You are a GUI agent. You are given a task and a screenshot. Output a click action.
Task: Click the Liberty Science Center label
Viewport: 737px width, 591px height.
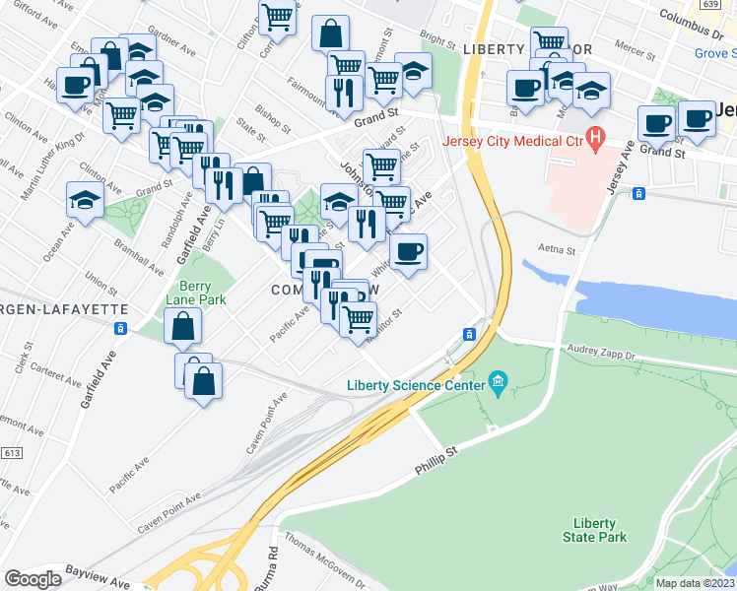pyautogui.click(x=415, y=384)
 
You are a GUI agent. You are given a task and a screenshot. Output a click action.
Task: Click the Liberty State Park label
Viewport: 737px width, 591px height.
pyautogui.click(x=594, y=530)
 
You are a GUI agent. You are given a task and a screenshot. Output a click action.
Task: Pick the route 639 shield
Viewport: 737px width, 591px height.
pyautogui.click(x=708, y=5)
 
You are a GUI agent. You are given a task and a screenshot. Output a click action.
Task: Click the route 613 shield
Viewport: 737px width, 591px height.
pyautogui.click(x=12, y=452)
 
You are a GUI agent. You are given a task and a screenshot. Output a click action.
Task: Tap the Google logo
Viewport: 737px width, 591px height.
pyautogui.click(x=33, y=579)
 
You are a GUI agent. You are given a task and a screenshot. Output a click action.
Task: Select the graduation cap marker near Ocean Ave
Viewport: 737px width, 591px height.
pyautogui.click(x=85, y=201)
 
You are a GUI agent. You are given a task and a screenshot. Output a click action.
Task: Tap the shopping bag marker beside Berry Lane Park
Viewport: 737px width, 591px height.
pyautogui.click(x=183, y=326)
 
